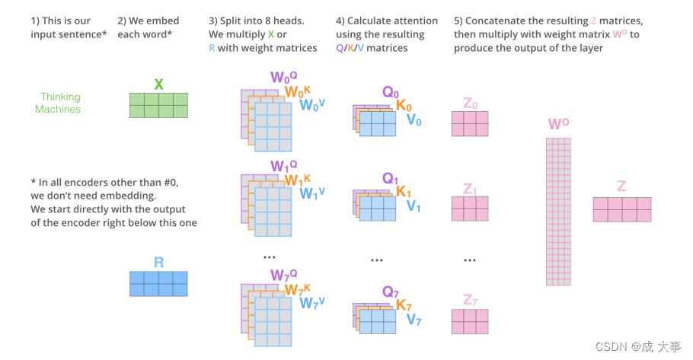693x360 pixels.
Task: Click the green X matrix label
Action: [158, 84]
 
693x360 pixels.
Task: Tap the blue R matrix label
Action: [158, 263]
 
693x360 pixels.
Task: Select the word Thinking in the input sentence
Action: [60, 97]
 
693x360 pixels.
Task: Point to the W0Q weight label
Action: [284, 77]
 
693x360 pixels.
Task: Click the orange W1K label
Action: [298, 180]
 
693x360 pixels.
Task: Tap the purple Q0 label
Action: [390, 92]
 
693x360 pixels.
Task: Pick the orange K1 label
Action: [404, 192]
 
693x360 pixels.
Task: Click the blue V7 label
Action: [414, 320]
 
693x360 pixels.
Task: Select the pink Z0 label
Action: [470, 104]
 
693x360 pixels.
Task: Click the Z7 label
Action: [470, 300]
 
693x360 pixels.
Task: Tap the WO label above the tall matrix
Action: [558, 124]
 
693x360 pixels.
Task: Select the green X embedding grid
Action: [158, 105]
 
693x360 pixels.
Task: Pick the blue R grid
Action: [158, 284]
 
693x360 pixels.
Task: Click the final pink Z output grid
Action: [622, 209]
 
